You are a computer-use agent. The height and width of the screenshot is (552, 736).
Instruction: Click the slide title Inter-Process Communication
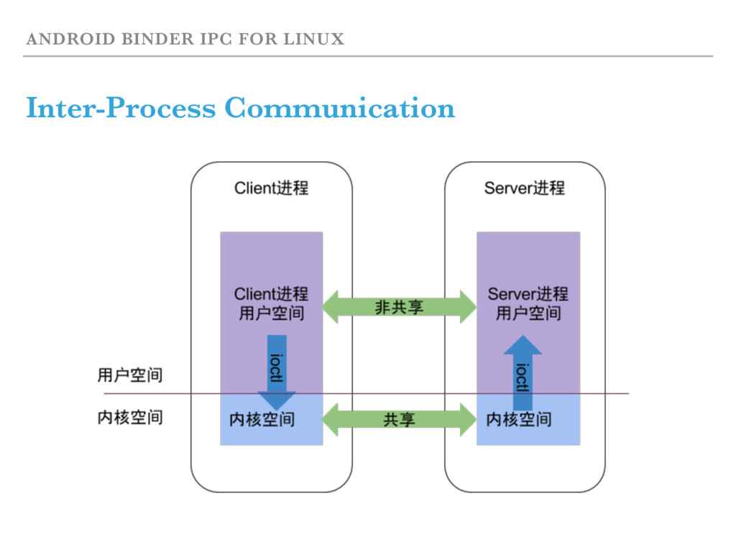240,109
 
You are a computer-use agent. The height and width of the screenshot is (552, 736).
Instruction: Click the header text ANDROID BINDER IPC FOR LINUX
185,39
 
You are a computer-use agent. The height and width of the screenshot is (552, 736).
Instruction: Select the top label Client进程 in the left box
271,188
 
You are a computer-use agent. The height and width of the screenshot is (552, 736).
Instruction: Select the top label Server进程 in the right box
524,188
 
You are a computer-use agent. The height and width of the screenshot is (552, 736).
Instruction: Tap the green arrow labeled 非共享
399,308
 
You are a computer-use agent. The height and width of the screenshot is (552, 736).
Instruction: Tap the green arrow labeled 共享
399,419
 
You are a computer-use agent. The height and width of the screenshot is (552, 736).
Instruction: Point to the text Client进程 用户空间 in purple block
271,303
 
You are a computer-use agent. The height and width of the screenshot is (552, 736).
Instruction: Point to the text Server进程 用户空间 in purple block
528,303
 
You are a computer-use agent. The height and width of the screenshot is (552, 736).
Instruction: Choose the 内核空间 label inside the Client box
262,420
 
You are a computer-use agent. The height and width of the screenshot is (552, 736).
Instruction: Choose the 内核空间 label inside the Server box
518,420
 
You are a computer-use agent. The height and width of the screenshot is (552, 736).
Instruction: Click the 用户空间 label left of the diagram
130,374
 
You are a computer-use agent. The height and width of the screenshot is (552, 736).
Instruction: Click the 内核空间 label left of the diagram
130,417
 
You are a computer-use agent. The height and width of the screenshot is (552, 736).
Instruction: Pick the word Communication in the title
339,109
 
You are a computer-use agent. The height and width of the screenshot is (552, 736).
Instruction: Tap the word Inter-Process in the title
120,109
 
